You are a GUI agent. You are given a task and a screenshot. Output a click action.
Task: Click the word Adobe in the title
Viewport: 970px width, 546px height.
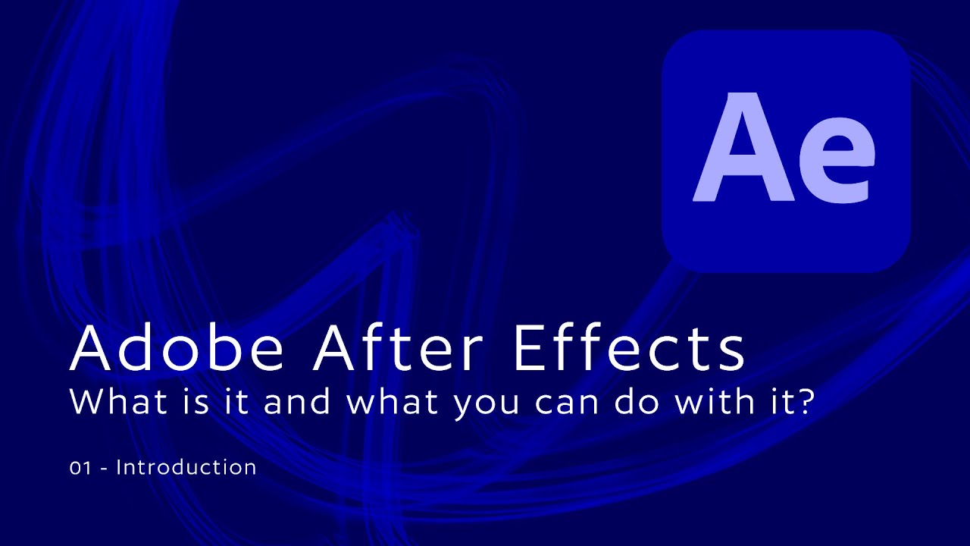(177, 349)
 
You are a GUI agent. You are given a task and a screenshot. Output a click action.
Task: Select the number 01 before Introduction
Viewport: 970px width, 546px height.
(79, 468)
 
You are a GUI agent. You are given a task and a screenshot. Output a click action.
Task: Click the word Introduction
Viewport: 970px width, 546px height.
(186, 468)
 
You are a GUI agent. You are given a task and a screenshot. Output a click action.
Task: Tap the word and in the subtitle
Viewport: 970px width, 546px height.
(297, 402)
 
